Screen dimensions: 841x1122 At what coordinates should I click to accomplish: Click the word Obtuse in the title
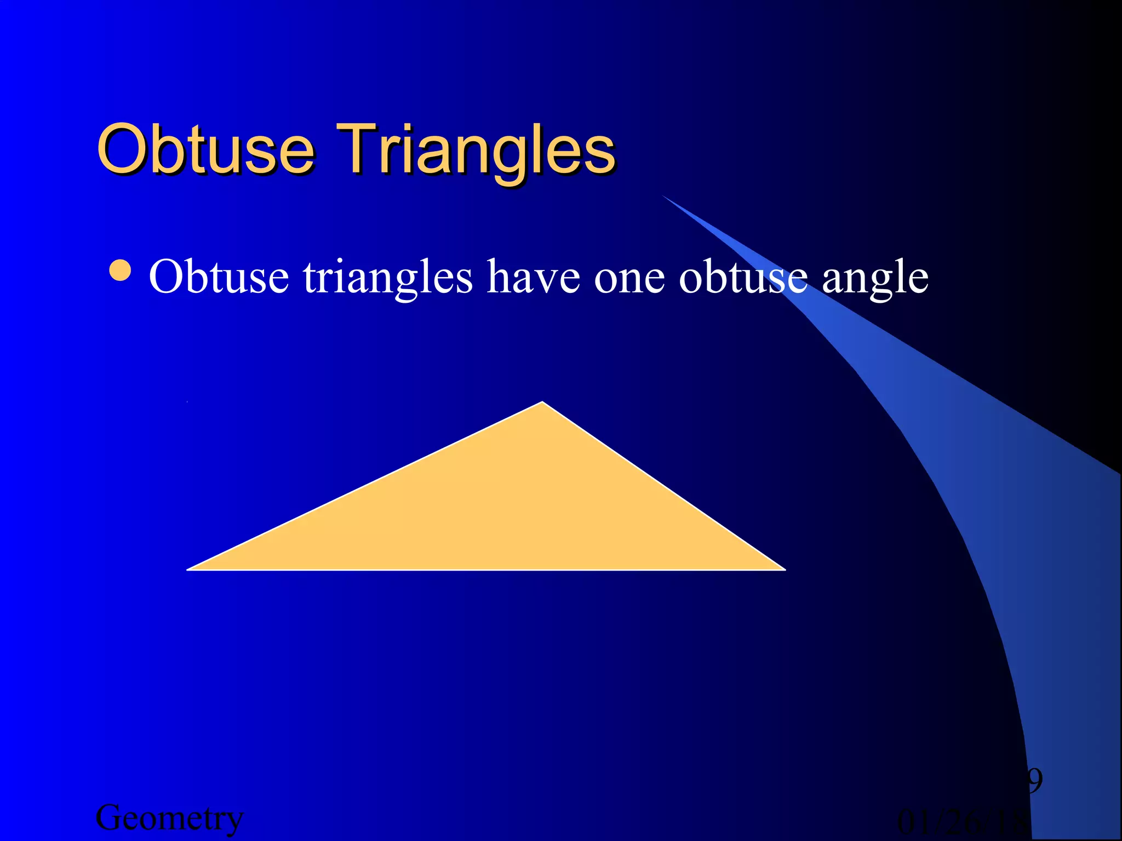(x=205, y=149)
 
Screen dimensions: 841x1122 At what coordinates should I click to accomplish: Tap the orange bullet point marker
(x=120, y=270)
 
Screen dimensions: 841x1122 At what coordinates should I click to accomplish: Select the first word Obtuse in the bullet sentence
(x=219, y=277)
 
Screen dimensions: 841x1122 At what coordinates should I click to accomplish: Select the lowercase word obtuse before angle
(x=743, y=277)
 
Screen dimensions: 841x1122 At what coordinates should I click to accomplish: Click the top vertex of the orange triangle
(x=542, y=403)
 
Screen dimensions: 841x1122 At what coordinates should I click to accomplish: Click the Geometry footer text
(x=169, y=819)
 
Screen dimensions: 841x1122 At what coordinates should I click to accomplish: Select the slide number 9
(x=1033, y=781)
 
